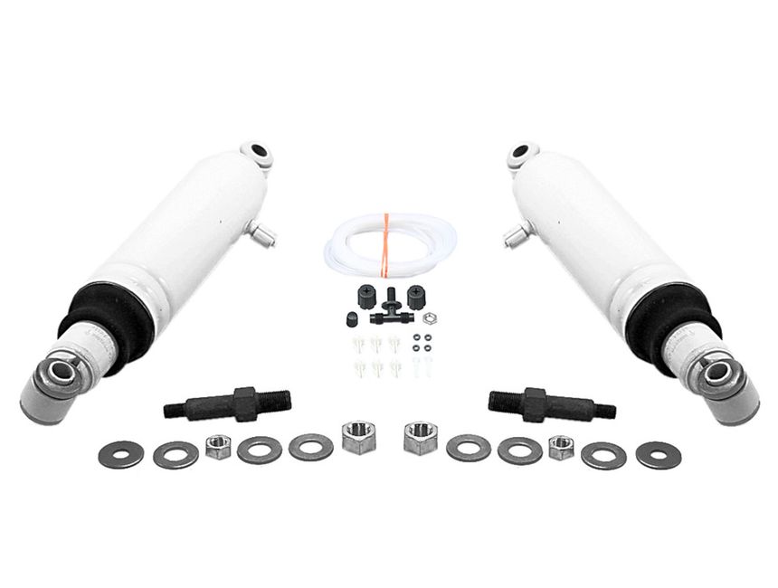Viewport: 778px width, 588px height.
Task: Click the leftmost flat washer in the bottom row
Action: pos(120,452)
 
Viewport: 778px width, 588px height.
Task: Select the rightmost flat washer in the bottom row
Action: pos(658,454)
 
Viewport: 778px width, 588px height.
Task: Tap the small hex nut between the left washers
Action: pos(218,447)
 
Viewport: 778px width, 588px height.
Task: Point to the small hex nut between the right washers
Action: pos(562,447)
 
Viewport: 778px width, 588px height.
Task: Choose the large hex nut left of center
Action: pos(358,437)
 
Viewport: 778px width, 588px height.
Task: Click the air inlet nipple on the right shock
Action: pos(514,237)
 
